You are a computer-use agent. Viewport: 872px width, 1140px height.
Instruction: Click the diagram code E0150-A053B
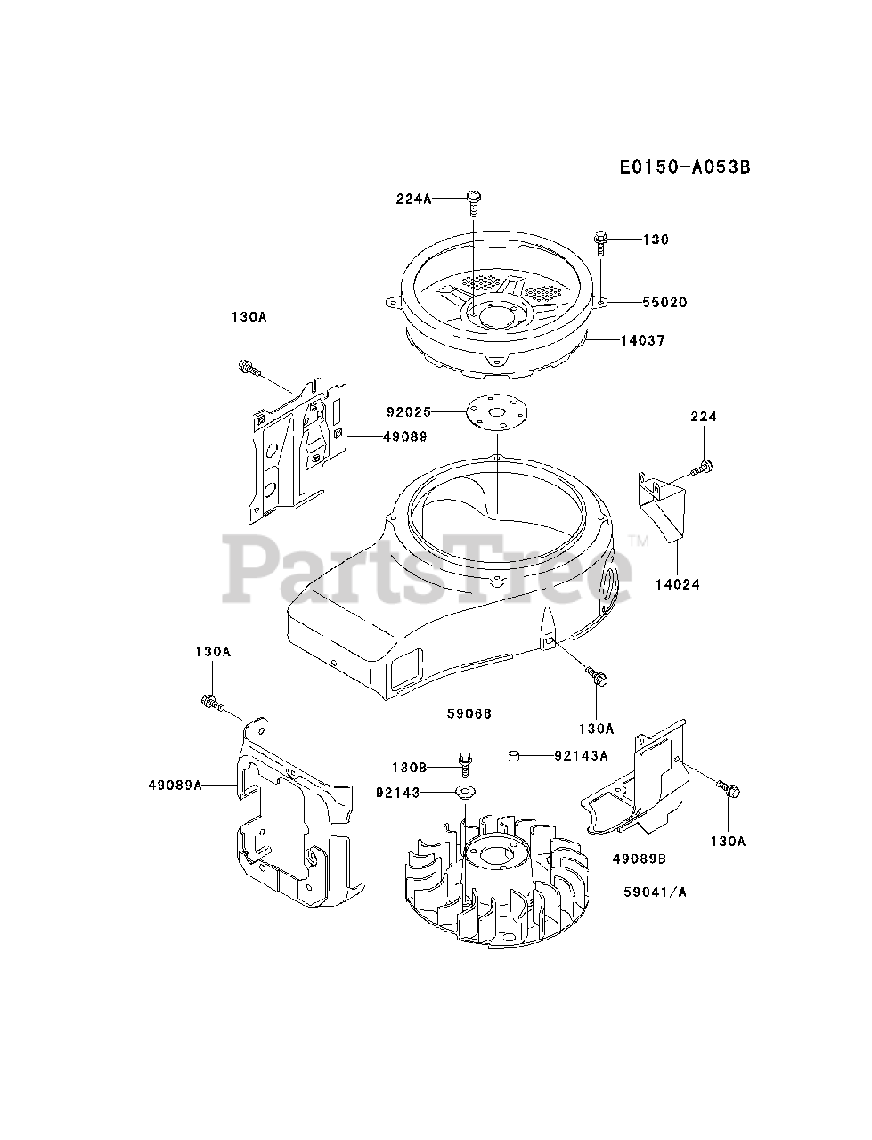680,167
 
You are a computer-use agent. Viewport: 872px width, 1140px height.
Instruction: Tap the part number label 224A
413,199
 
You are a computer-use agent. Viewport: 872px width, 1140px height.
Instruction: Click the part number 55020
664,303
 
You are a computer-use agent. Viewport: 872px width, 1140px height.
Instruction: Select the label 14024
678,585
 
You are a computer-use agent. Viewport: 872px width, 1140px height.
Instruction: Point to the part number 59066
469,713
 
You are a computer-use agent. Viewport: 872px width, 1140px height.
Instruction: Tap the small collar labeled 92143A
514,756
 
